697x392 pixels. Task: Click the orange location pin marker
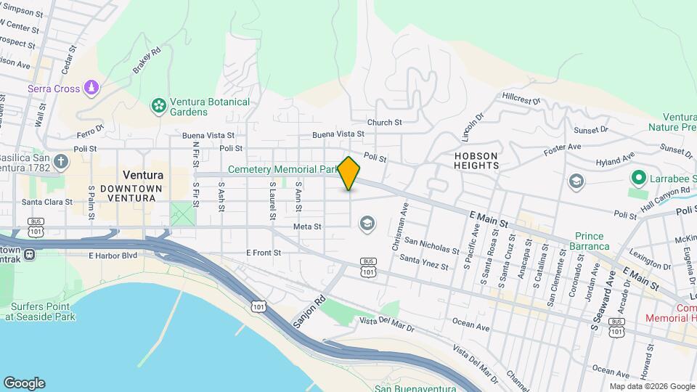tap(349, 173)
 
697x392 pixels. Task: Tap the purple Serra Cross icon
tap(91, 89)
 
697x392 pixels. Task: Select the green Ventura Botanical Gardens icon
tap(158, 107)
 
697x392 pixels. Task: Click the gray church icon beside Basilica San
tap(61, 160)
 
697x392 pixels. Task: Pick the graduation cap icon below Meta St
tap(367, 223)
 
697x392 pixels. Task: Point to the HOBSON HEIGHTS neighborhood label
tap(476, 160)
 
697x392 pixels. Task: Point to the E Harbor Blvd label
tap(113, 256)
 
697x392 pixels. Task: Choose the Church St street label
tap(384, 123)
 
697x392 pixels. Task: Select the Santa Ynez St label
tap(424, 262)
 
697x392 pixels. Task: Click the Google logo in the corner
tap(24, 383)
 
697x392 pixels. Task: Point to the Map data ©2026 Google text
tap(651, 386)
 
